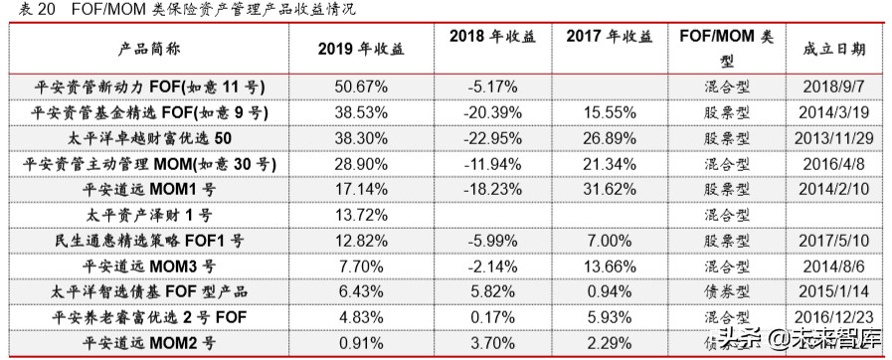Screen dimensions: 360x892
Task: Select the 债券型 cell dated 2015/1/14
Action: tap(720, 290)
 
